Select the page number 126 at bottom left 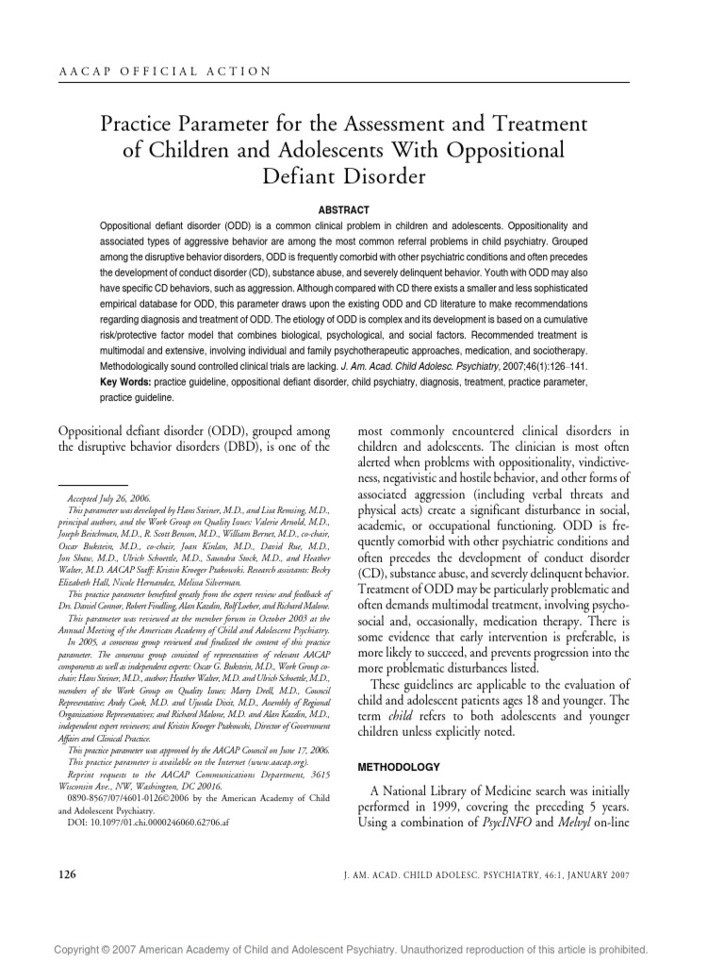pos(67,874)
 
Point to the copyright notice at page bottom pos(361,947)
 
